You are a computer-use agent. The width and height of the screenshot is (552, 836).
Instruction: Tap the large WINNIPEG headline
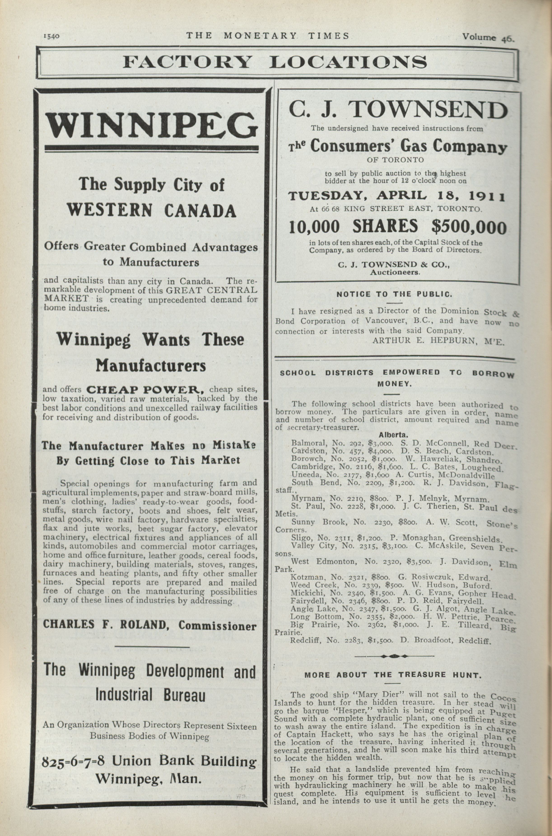(x=151, y=126)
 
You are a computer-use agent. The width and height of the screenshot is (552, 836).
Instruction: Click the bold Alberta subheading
(x=393, y=435)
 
